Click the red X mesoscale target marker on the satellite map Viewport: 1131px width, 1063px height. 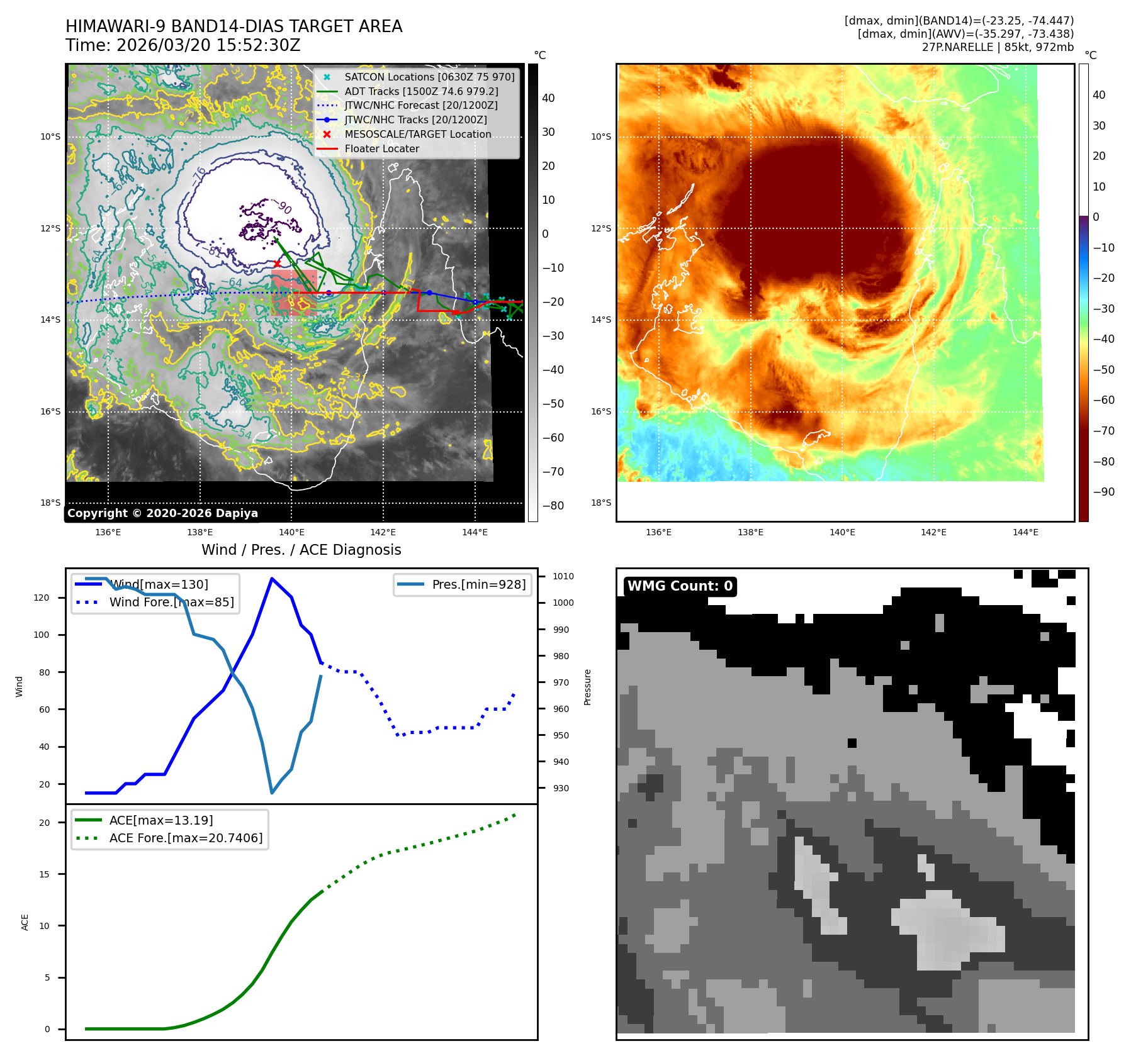tap(277, 264)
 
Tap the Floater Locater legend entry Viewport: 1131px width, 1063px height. tap(381, 149)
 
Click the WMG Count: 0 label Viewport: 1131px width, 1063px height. tap(680, 586)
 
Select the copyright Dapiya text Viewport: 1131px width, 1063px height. tap(162, 513)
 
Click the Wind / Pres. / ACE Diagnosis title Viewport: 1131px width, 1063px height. tap(301, 550)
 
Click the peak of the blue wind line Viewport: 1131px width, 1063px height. tap(271, 579)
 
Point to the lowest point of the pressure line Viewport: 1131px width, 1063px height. tap(271, 793)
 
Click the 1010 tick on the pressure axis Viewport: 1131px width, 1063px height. tap(563, 576)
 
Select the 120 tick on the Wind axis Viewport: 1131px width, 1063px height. tap(42, 598)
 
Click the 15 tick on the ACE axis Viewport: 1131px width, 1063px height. tap(44, 874)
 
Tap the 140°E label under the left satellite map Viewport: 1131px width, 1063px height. tap(291, 533)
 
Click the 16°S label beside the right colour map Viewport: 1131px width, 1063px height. tap(600, 411)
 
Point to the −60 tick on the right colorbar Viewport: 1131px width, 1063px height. tap(1103, 400)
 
